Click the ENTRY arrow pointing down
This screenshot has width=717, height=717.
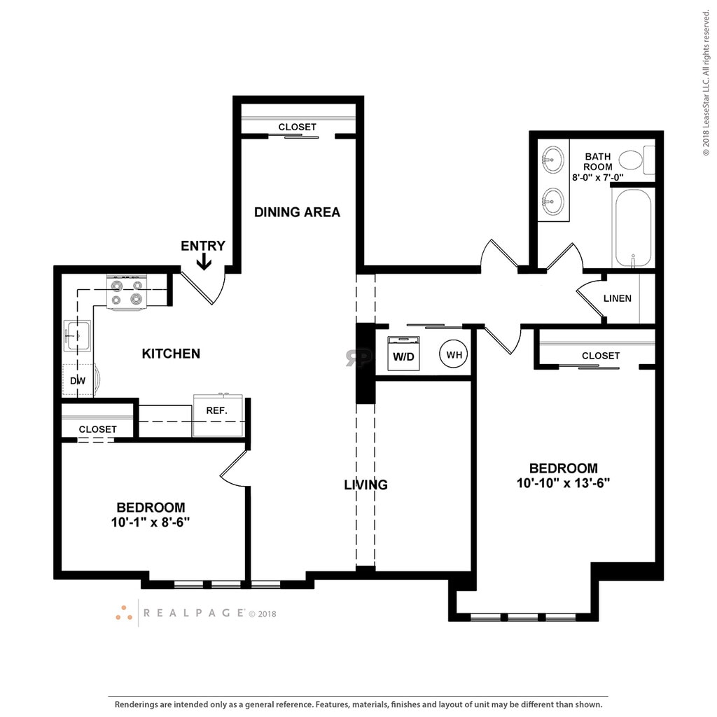pyautogui.click(x=204, y=262)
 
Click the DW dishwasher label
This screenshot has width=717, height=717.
pyautogui.click(x=78, y=380)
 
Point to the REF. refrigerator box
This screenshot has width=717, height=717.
pyautogui.click(x=218, y=415)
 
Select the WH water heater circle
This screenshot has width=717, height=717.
pyautogui.click(x=454, y=354)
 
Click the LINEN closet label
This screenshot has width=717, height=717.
pyautogui.click(x=618, y=298)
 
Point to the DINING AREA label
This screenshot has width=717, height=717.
pyautogui.click(x=297, y=212)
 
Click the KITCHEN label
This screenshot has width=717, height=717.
pyautogui.click(x=171, y=354)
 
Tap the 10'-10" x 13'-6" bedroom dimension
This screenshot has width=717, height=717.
pyautogui.click(x=564, y=483)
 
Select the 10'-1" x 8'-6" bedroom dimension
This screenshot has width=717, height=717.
pyautogui.click(x=151, y=522)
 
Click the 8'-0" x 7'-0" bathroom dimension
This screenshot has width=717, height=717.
pyautogui.click(x=598, y=177)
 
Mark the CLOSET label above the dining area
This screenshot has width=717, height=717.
pyautogui.click(x=297, y=127)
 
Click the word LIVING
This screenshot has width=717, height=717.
pyautogui.click(x=366, y=485)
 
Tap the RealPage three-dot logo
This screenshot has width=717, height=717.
pyautogui.click(x=124, y=613)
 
